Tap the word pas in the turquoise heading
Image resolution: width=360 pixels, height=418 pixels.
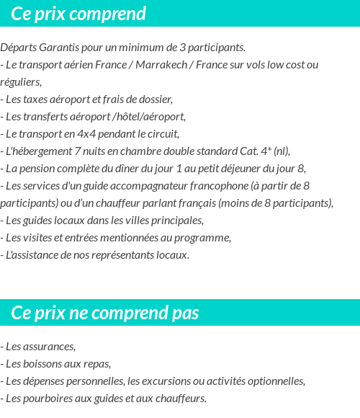[x=184, y=313]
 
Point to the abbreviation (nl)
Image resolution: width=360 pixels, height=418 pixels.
[x=280, y=151]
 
